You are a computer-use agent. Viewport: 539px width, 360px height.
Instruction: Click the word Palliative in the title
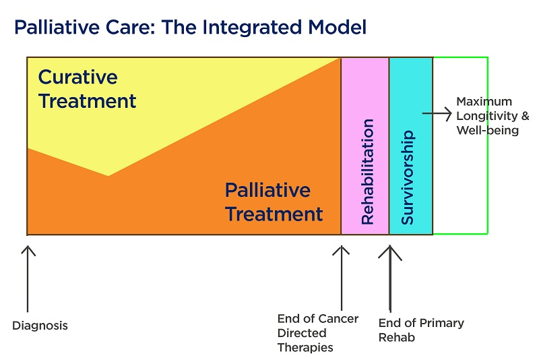(x=57, y=27)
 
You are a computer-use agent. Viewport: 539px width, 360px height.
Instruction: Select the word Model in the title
(x=338, y=27)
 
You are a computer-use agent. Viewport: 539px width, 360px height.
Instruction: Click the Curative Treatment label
(x=88, y=89)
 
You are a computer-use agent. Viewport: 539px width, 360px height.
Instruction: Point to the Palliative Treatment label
(x=274, y=202)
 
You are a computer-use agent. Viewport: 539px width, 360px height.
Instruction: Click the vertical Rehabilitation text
(x=367, y=172)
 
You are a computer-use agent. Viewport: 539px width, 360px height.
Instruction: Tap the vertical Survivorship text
(x=408, y=177)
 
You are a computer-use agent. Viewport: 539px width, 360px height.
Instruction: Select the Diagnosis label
(x=40, y=325)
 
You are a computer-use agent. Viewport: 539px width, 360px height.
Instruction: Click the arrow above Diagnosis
(x=28, y=279)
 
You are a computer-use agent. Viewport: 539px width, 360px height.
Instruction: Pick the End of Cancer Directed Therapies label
(x=318, y=333)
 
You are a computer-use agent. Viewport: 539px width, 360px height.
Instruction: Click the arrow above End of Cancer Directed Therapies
(x=342, y=278)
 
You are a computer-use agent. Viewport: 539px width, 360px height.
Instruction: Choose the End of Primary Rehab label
(x=421, y=330)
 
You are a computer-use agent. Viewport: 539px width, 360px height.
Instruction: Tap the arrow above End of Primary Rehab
(x=390, y=278)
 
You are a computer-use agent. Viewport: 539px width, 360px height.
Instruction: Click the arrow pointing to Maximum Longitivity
(x=437, y=113)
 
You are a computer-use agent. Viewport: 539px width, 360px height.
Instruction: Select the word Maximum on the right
(x=484, y=101)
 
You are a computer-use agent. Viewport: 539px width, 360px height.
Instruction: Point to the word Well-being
(x=487, y=130)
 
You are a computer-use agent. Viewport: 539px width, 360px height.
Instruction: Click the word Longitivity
(x=486, y=116)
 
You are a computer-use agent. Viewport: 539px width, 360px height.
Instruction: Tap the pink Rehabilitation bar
(x=365, y=146)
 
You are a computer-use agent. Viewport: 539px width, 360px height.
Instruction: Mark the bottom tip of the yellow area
(x=108, y=176)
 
